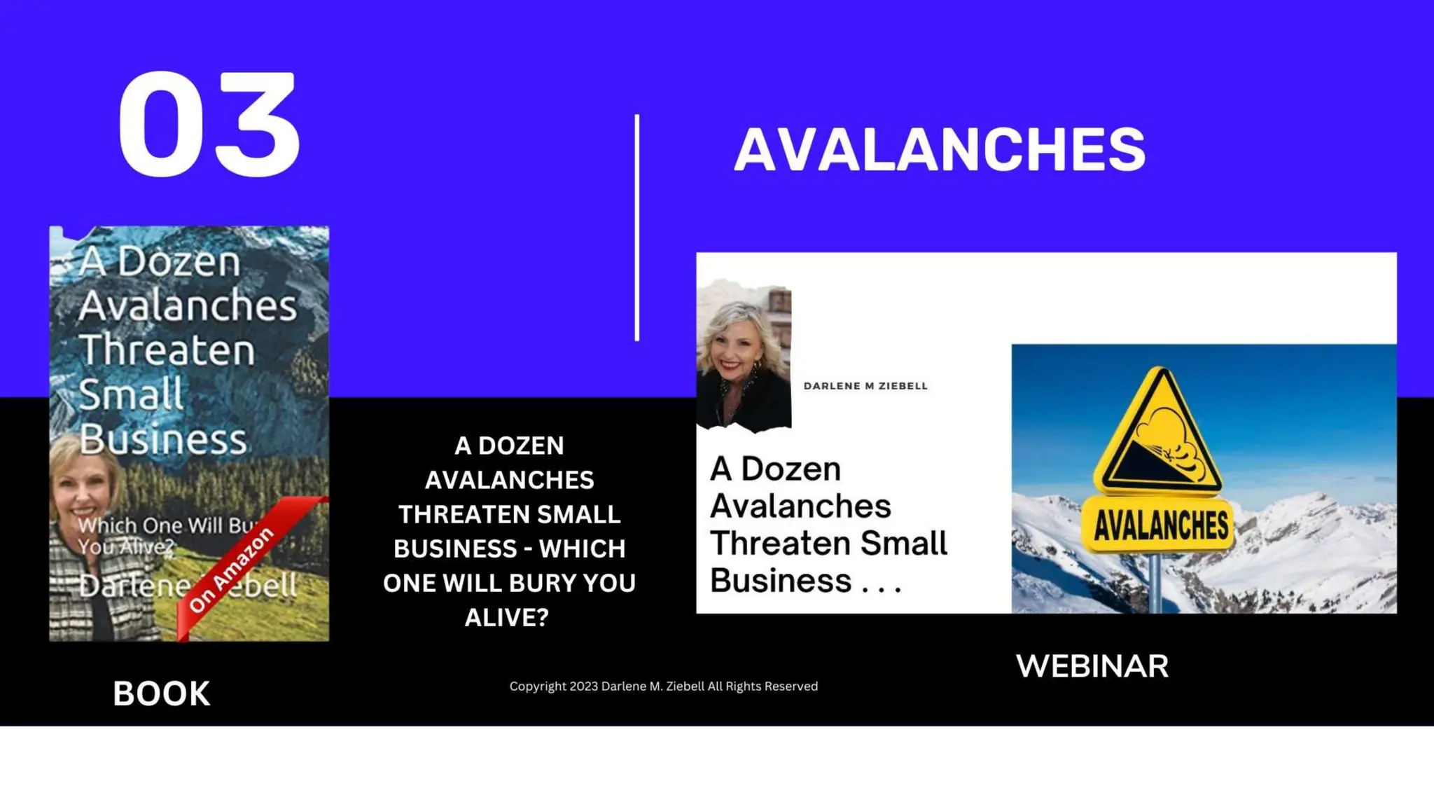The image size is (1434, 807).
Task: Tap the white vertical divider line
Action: (636, 228)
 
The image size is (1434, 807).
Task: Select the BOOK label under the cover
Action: (161, 694)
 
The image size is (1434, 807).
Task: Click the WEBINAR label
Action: (1092, 666)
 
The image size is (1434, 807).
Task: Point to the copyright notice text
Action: (663, 687)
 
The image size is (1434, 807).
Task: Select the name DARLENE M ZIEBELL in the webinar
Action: (865, 386)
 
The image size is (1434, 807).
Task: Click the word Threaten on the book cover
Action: (167, 350)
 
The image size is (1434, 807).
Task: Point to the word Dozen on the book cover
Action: (179, 262)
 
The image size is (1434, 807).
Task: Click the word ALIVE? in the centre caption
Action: (507, 618)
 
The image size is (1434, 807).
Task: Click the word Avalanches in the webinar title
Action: (800, 506)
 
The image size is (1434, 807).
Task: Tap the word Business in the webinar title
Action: (781, 581)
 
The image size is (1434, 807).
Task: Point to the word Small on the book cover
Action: (131, 394)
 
